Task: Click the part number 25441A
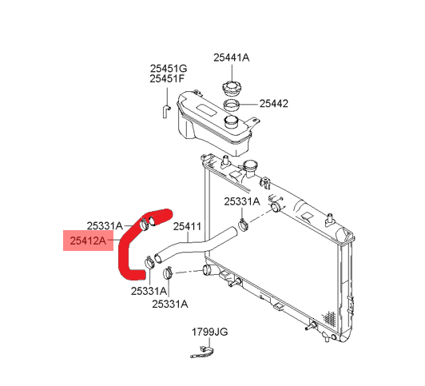(231, 58)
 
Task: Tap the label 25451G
(169, 68)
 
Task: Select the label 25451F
(167, 79)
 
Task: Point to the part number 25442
(274, 104)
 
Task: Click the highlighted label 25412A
(88, 241)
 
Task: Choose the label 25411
(187, 227)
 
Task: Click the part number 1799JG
(210, 332)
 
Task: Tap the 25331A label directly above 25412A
(105, 225)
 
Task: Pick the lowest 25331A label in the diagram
(170, 304)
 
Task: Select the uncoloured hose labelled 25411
(195, 245)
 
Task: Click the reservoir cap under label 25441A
(231, 89)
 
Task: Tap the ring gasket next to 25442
(232, 105)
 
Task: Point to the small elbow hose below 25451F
(166, 111)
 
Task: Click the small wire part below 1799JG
(202, 352)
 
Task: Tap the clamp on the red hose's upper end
(144, 225)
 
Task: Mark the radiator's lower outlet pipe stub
(209, 269)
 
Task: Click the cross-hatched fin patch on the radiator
(328, 317)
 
